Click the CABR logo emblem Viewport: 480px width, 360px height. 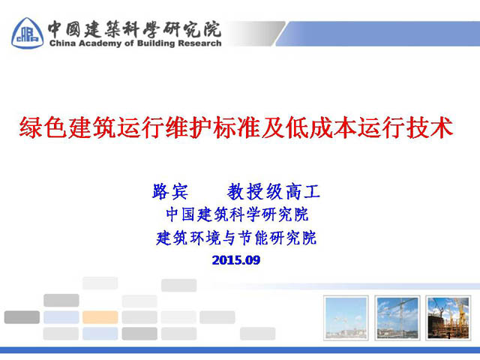coord(27,33)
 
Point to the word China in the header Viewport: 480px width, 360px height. coord(62,43)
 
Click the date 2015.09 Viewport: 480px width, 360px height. coord(236,260)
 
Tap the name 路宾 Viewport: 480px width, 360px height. coord(170,192)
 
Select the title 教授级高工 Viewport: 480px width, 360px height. coord(273,192)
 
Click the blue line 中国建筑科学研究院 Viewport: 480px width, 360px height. coord(237,214)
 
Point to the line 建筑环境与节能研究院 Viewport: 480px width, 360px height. coord(236,238)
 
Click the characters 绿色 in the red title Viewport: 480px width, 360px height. coord(43,127)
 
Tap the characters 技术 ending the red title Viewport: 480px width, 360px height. coord(430,127)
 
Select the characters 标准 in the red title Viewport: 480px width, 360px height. coord(237,127)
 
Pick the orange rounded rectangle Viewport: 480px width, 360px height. coord(100,317)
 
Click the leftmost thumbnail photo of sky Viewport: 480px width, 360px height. coord(346,318)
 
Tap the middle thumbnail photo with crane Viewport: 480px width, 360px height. coord(397,318)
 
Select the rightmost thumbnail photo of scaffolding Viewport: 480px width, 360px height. coord(448,318)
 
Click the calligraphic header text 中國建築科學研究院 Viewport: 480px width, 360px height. coord(134,29)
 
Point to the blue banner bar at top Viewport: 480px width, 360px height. coord(378,34)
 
